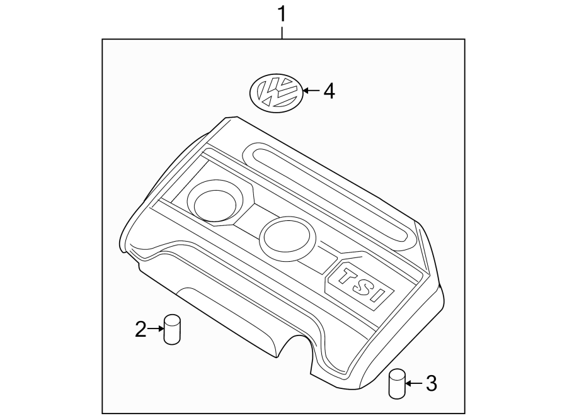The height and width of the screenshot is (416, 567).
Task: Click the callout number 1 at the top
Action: coord(282,13)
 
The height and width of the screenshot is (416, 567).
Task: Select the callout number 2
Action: coord(140,328)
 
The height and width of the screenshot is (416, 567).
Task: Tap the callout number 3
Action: coord(431,383)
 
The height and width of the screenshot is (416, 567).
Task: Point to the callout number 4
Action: coord(329,92)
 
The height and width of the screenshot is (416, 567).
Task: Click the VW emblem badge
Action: coord(275,92)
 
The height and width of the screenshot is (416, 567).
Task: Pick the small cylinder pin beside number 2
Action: coord(171,330)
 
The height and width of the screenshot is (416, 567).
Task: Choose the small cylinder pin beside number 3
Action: coord(396,383)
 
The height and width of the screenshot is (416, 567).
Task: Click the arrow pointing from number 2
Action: coord(155,328)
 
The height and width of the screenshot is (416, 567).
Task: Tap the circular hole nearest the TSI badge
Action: coord(287,237)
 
